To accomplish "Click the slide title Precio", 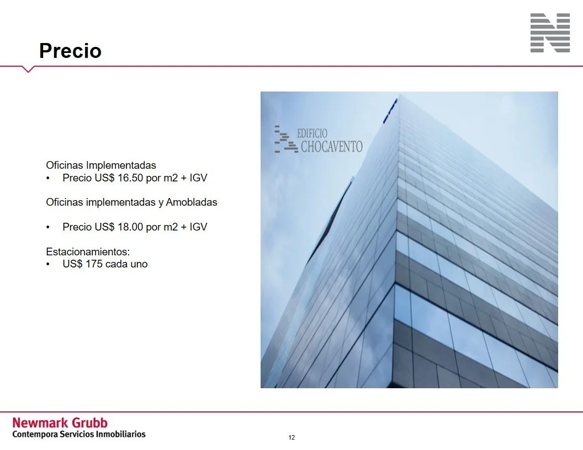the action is point(70,51).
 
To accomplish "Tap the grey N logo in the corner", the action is point(550,33).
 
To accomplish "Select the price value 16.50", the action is point(130,178).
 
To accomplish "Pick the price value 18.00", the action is point(130,227).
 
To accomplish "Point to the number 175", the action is point(94,264).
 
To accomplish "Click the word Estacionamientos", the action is point(88,251).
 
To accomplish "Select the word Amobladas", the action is point(192,202).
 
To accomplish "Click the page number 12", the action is point(291,437).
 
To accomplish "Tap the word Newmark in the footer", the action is point(40,423).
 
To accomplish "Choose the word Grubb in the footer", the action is point(89,423).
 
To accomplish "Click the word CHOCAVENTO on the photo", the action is point(332,147).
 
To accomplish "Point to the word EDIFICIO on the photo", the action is point(312,133).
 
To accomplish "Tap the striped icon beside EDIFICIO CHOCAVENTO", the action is point(286,139).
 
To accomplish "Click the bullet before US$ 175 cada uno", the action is point(48,264).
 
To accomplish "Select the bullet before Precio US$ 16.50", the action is point(48,178).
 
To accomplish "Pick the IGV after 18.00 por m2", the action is point(198,227).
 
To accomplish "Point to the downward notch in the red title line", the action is point(28,69).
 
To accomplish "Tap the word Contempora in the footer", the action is point(35,435).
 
